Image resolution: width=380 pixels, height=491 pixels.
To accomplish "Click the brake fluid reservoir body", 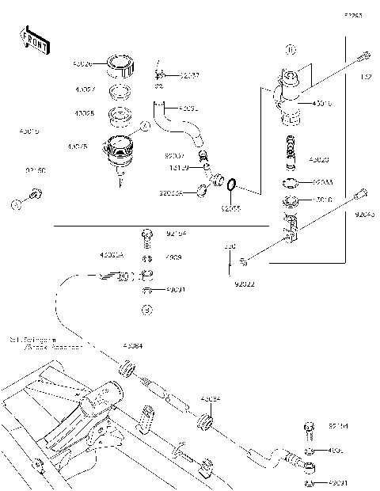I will (120, 150).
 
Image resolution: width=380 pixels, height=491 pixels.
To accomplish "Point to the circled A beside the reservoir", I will (144, 126).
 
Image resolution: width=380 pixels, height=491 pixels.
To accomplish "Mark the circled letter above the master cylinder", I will (290, 50).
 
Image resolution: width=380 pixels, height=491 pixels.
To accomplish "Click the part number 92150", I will (36, 169).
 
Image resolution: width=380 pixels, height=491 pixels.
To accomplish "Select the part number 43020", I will (319, 159).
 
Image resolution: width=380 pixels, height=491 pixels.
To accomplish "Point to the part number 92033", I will (322, 181).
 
